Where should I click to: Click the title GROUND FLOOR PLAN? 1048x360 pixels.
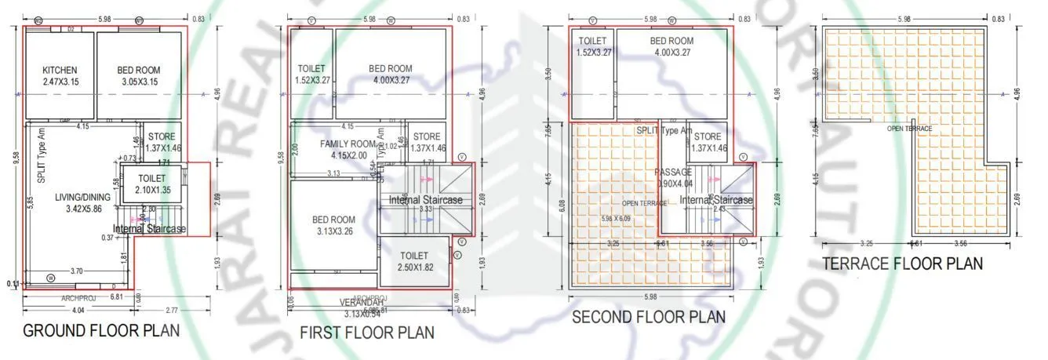[101, 330]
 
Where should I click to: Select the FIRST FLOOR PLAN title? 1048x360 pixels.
[367, 333]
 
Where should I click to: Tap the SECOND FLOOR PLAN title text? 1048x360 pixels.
[648, 317]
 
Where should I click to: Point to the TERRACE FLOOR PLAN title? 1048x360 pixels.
[902, 264]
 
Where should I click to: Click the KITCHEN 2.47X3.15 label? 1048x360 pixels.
[60, 76]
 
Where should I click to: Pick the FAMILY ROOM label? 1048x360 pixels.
[348, 150]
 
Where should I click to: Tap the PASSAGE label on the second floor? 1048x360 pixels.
[674, 177]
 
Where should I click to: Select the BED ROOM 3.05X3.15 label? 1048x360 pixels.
[139, 76]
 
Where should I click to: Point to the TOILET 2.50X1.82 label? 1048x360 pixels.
[413, 261]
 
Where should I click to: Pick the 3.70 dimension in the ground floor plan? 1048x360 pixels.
[77, 271]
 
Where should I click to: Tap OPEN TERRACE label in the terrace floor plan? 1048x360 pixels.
[909, 129]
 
